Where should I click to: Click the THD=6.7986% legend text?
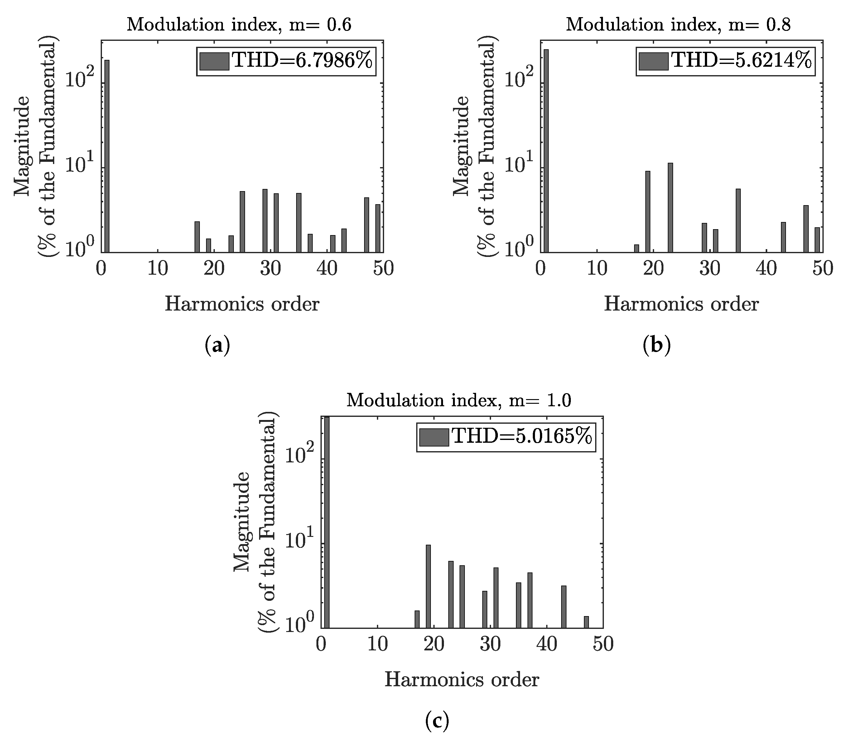point(303,61)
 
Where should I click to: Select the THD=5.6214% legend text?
point(742,61)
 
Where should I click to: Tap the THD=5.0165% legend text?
point(522,437)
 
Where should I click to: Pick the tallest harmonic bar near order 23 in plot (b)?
point(670,208)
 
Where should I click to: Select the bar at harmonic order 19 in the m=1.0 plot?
point(428,586)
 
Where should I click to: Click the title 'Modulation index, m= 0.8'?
point(678,25)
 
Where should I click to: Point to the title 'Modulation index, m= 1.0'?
point(459,401)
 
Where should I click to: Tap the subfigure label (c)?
point(437,721)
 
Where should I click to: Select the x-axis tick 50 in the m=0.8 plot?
point(822,269)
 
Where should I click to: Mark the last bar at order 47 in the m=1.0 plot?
point(586,622)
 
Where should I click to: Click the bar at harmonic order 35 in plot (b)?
point(738,220)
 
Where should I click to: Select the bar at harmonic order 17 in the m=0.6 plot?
point(197,237)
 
